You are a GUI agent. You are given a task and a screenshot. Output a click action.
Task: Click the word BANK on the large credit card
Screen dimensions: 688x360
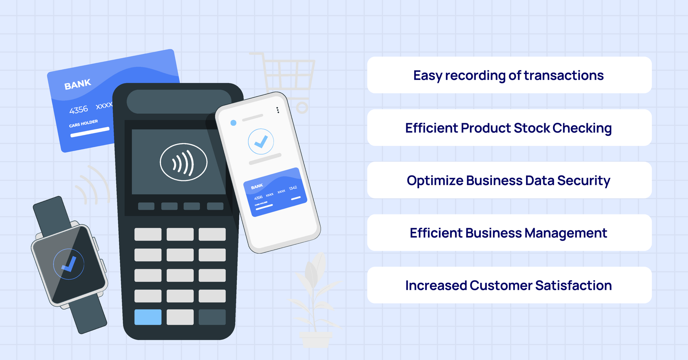(x=78, y=84)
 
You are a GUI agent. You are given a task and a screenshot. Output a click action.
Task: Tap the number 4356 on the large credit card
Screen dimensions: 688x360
(x=78, y=110)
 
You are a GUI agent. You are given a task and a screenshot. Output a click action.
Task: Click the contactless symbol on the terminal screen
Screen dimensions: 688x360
(x=184, y=162)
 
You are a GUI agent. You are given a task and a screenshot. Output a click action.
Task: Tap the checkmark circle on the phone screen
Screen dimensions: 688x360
(x=261, y=141)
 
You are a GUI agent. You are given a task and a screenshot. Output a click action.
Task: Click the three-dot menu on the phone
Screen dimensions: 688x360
(x=278, y=110)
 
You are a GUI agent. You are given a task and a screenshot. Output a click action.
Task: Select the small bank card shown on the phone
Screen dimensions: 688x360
(x=275, y=192)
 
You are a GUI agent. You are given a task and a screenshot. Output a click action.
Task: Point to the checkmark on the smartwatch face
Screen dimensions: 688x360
(x=69, y=264)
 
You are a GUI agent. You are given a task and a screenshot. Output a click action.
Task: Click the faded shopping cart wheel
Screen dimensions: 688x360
(x=302, y=107)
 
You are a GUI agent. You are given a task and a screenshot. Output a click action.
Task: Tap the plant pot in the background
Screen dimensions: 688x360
(x=315, y=339)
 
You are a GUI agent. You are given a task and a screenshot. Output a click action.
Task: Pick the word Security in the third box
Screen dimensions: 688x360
(x=584, y=181)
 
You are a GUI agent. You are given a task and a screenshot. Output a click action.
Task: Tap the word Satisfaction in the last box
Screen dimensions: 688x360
(x=573, y=286)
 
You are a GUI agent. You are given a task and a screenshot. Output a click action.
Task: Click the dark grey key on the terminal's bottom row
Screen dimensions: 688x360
(x=212, y=317)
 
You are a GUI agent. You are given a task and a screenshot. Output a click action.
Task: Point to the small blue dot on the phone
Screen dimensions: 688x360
(x=233, y=123)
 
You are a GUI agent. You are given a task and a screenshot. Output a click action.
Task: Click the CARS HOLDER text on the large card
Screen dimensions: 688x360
(x=83, y=123)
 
